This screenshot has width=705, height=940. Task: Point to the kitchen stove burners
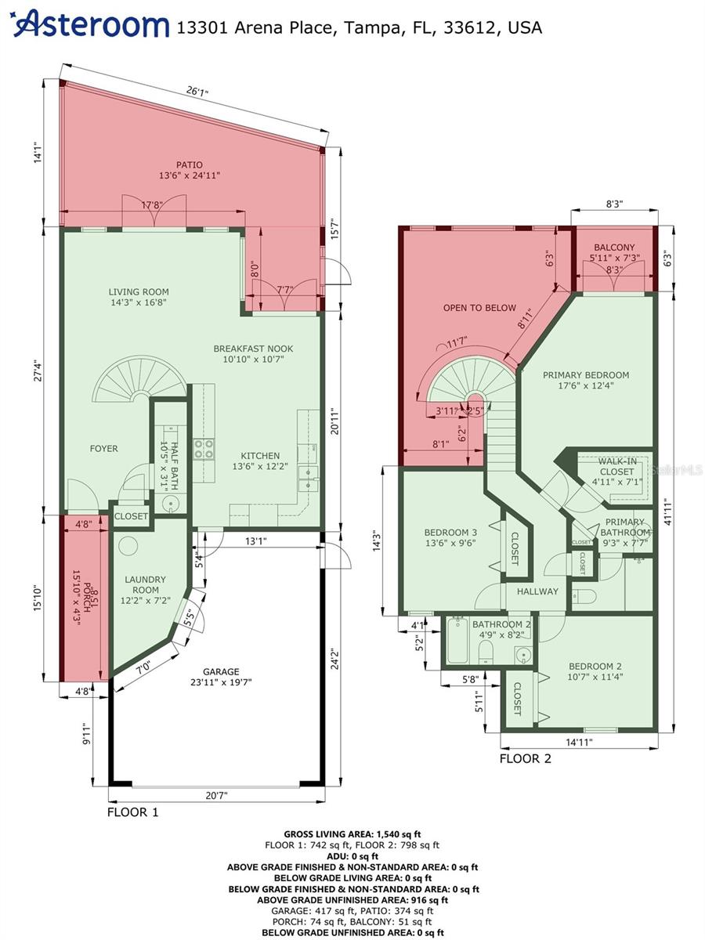coord(204,448)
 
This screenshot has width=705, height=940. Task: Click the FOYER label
coord(103,449)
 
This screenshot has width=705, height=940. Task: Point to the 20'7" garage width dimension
coord(215,796)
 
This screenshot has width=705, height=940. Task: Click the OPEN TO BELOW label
coord(468,308)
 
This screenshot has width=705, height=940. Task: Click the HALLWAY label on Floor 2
coord(537,591)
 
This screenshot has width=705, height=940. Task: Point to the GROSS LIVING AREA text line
coord(352,834)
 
